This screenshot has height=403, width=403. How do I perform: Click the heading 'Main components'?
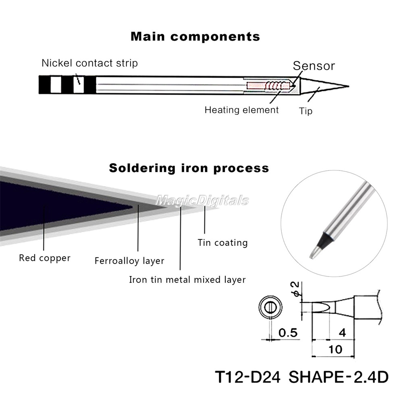coord(195,37)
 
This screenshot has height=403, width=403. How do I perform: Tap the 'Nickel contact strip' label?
coord(89,63)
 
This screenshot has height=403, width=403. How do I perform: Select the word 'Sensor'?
coord(314,66)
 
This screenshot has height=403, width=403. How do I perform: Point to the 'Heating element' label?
coord(241,110)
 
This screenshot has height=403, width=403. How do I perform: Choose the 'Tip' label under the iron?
coord(305,110)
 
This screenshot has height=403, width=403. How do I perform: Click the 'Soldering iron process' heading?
coord(189,168)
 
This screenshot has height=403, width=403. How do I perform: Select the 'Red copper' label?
coord(44,258)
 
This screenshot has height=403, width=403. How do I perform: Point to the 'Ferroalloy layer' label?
coord(129,261)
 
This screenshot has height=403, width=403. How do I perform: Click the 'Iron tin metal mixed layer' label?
coord(187,279)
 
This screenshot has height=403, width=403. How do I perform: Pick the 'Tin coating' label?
coord(222,243)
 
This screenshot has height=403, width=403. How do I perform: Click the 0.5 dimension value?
coord(288,333)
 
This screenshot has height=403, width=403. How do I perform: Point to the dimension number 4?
coord(342,333)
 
